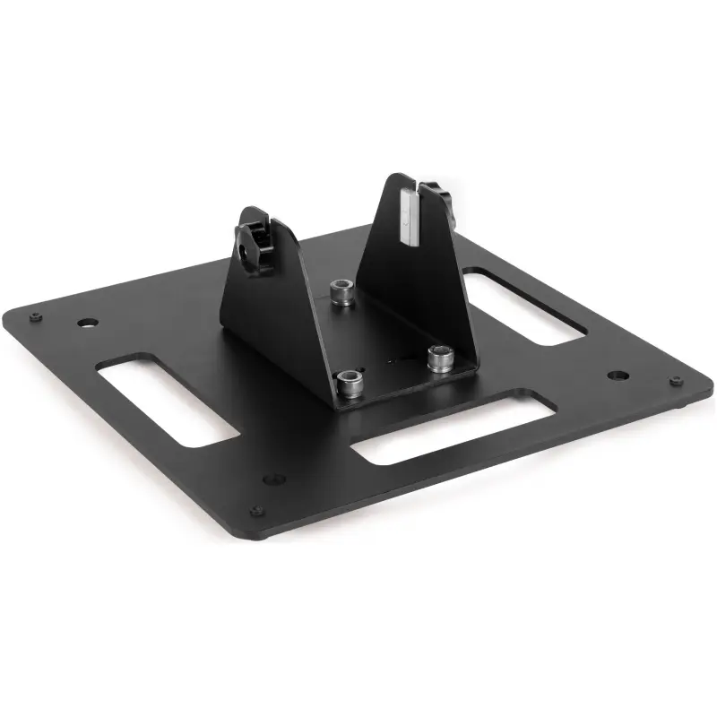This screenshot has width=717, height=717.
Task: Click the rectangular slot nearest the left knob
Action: tap(166, 400)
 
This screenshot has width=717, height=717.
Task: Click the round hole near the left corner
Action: tap(87, 321)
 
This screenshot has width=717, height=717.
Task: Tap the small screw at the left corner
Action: tap(34, 315)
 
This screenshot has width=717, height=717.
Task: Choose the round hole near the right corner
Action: tap(614, 375)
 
